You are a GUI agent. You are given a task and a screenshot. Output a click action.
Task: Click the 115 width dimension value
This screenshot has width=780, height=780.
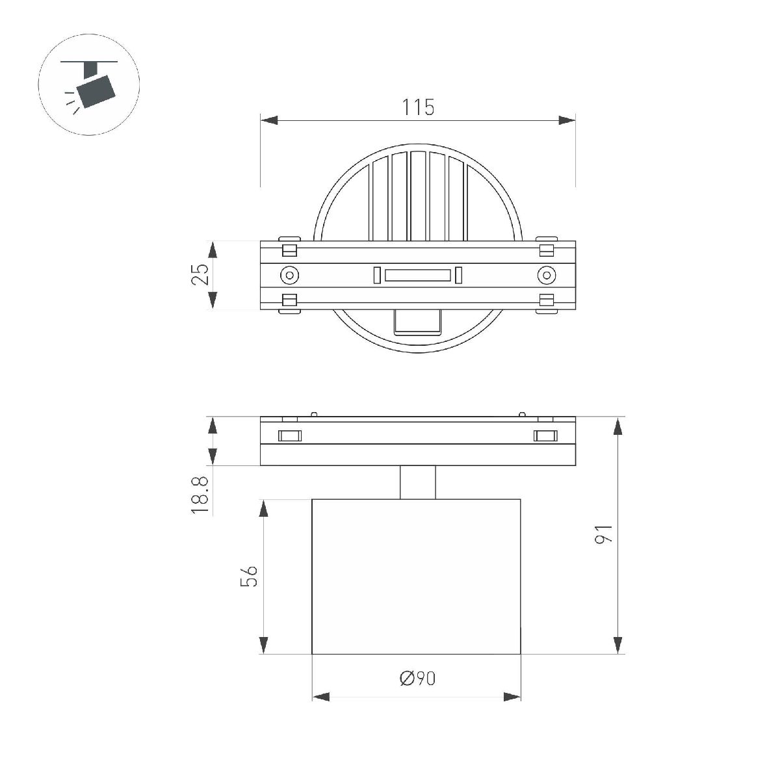click(417, 107)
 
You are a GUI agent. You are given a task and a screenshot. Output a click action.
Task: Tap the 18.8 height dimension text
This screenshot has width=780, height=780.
click(200, 496)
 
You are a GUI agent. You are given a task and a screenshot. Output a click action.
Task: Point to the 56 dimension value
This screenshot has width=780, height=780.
click(249, 576)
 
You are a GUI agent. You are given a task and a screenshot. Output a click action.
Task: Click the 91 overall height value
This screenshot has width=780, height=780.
click(604, 534)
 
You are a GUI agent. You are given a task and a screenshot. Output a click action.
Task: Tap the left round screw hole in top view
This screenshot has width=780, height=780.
click(289, 275)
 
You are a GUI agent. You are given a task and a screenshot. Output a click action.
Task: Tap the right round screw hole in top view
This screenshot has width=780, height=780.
click(547, 275)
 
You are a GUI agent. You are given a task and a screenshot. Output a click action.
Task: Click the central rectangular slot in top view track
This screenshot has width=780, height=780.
click(417, 276)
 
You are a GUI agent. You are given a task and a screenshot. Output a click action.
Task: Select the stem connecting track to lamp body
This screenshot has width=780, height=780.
click(417, 482)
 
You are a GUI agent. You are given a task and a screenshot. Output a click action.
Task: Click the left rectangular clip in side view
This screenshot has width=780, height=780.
click(290, 435)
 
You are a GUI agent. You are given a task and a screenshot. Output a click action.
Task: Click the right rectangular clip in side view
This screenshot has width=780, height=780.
click(545, 435)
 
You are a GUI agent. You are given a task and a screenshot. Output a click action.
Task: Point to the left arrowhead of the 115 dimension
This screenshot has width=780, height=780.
click(269, 120)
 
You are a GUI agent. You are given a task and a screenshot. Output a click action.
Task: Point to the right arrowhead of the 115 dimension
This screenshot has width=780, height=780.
click(567, 120)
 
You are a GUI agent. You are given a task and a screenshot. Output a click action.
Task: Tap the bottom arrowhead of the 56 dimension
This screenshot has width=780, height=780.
click(263, 645)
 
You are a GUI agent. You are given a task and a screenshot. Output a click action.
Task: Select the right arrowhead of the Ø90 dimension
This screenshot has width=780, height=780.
click(512, 697)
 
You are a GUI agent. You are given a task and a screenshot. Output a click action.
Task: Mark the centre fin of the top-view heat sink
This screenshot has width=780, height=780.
click(417, 195)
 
